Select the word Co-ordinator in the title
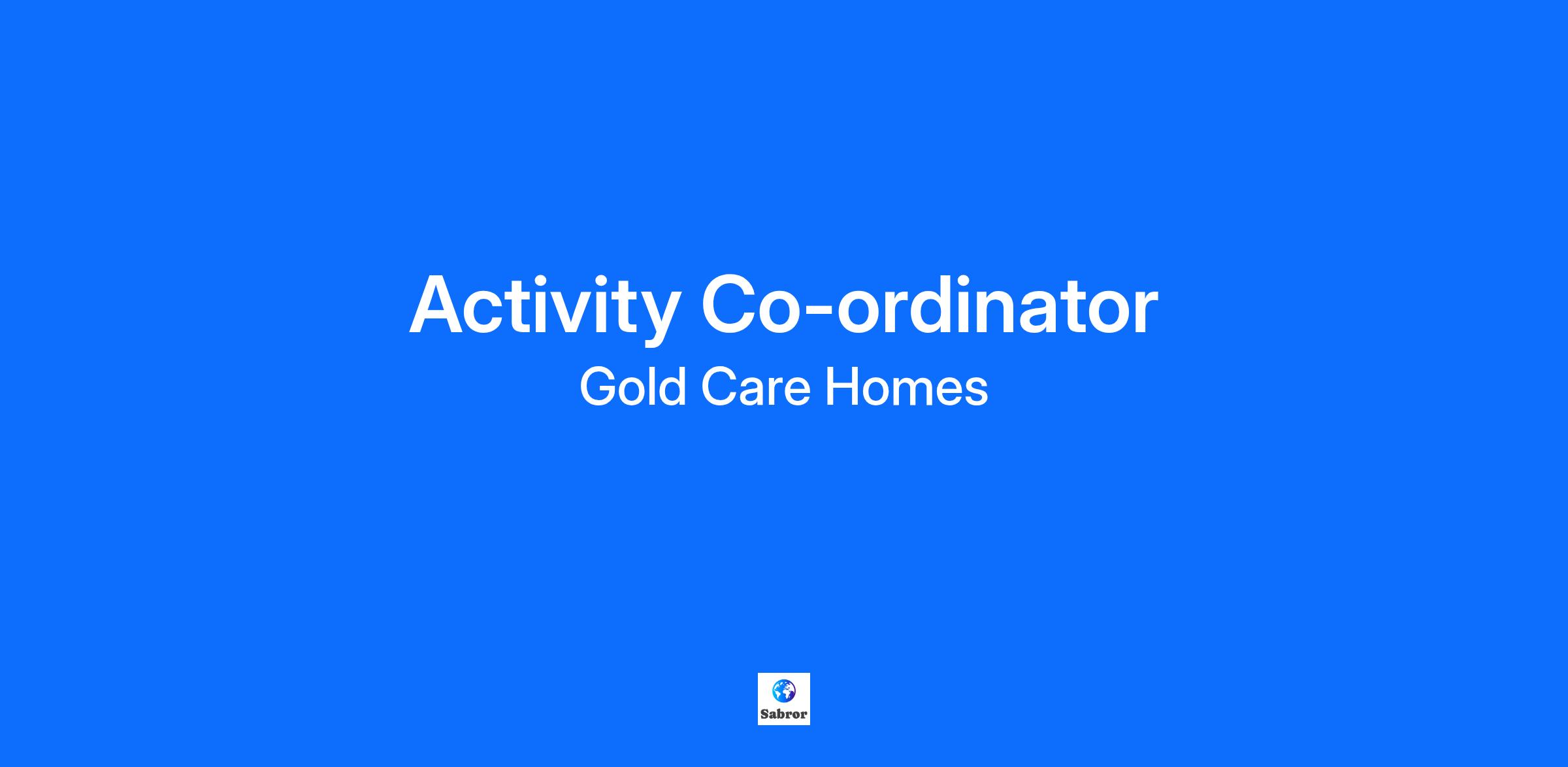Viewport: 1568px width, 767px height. pos(929,303)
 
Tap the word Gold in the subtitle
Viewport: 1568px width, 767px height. pos(632,387)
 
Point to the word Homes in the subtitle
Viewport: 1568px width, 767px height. pos(907,387)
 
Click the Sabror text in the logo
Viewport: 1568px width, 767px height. pos(783,714)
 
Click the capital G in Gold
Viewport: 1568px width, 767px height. pos(598,387)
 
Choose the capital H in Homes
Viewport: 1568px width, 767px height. pos(843,387)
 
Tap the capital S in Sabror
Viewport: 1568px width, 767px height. pos(764,714)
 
